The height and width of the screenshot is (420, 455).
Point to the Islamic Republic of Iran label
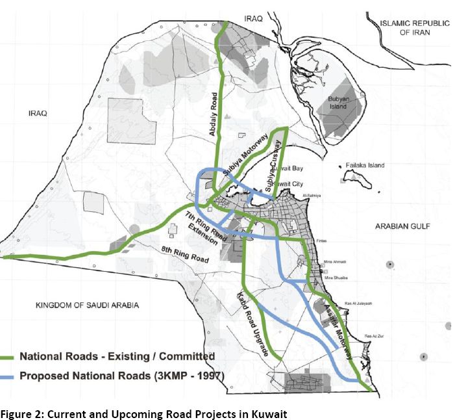(x=414, y=27)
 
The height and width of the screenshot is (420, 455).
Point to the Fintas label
(x=330, y=241)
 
